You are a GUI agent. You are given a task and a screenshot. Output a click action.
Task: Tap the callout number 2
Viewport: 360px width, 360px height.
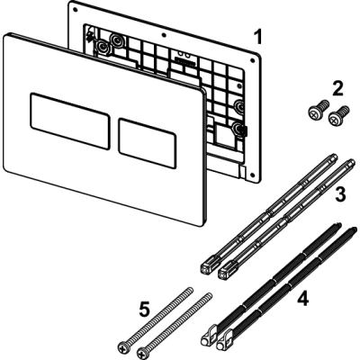337,88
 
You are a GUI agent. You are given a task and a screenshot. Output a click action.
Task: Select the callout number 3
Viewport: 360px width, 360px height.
339,193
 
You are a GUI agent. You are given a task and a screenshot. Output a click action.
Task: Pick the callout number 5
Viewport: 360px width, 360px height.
144,308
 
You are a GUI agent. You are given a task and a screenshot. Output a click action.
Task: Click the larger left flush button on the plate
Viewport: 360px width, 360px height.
70,121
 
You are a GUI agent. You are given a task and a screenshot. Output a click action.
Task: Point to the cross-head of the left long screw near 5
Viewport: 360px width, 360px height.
124,346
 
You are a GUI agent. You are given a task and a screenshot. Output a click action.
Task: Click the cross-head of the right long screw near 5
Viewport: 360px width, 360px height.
143,351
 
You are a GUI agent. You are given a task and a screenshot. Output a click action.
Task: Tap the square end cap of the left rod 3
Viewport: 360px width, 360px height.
206,267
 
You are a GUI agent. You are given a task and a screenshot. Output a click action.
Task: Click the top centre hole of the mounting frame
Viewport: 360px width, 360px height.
164,35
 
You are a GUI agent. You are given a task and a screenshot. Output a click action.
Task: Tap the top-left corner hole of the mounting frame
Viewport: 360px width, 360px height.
76,10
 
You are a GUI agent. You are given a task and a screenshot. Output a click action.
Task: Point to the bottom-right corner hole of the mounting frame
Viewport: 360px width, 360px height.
254,175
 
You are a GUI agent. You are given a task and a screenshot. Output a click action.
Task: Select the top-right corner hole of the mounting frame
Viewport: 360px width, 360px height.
252,60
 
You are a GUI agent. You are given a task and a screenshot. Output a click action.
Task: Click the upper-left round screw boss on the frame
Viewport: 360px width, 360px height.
116,39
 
